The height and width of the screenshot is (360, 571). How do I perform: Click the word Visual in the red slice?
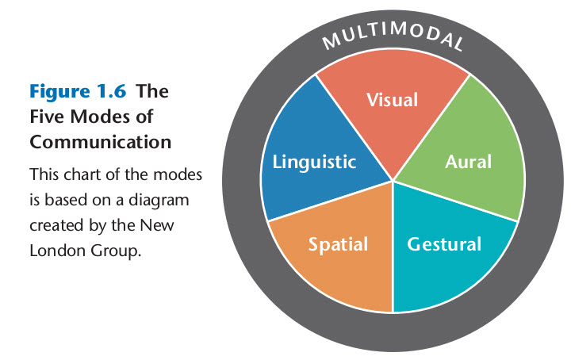(392, 100)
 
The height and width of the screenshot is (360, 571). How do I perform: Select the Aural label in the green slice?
(468, 162)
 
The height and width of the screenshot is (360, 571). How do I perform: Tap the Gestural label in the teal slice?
(444, 243)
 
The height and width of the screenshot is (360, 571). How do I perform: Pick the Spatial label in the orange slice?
(338, 243)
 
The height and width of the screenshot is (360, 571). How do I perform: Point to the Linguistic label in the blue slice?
(314, 163)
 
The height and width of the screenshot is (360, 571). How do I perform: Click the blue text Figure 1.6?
(79, 90)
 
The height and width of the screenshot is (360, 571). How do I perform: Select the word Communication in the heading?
(100, 143)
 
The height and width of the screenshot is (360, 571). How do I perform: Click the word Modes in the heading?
(104, 117)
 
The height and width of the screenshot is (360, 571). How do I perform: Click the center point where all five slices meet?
(393, 182)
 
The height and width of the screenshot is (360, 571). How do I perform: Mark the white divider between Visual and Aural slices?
(433, 127)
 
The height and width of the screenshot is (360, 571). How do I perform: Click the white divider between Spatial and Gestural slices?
(393, 246)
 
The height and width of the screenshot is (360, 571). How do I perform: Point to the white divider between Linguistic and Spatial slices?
(331, 201)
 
